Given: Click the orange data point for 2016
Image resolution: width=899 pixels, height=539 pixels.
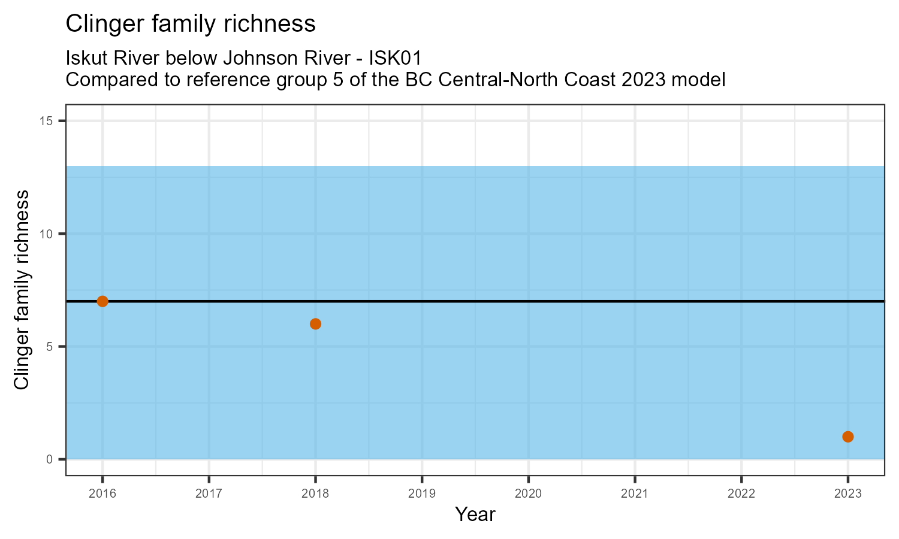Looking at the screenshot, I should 102,301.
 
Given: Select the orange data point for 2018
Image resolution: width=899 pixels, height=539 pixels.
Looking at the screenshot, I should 315,324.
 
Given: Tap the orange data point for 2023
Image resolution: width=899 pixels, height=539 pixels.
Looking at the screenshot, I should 847,437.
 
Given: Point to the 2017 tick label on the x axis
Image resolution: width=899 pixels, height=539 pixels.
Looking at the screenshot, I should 209,494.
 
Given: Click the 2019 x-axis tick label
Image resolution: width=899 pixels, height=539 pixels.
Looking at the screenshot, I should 422,494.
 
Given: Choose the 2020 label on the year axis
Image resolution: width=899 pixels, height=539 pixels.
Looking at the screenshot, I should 528,494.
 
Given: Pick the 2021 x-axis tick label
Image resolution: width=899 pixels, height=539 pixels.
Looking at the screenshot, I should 635,494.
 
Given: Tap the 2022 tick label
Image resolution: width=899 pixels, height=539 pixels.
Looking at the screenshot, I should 741,494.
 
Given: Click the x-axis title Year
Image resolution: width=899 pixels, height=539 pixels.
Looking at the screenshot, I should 475,514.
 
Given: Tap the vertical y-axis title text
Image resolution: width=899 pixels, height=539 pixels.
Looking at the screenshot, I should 22,290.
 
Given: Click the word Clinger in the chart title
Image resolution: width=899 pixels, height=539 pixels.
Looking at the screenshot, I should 102,24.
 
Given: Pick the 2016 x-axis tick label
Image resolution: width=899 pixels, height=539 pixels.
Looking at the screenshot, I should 102,494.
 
